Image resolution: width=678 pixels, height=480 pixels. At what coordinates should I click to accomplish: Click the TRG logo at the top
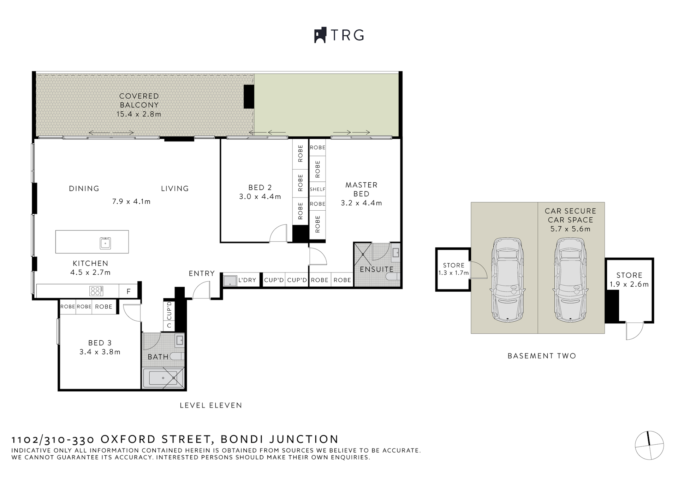(339, 35)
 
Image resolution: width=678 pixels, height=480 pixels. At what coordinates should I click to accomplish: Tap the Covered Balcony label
(139, 100)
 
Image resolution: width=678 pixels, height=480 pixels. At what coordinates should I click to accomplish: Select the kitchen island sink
(105, 243)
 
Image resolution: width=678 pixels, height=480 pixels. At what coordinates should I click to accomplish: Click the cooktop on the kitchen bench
(96, 291)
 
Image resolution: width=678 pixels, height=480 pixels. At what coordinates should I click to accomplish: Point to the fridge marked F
(129, 292)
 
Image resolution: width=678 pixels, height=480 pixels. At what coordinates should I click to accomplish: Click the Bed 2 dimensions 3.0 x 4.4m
(260, 197)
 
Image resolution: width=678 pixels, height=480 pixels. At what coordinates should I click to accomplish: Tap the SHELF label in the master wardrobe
(317, 189)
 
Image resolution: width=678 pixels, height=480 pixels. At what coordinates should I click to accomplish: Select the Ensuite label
(376, 269)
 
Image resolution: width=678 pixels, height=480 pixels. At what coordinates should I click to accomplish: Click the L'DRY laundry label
(247, 280)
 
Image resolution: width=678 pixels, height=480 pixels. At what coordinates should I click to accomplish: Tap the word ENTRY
(202, 274)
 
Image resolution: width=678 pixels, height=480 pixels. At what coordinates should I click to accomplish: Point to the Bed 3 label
(100, 343)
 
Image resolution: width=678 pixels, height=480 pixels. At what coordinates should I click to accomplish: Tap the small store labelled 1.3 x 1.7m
(453, 269)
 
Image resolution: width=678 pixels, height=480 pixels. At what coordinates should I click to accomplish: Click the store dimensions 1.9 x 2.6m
(629, 285)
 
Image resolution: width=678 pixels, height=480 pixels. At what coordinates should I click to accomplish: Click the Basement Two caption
(541, 356)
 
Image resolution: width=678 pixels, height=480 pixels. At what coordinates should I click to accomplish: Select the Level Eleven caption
(211, 405)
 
